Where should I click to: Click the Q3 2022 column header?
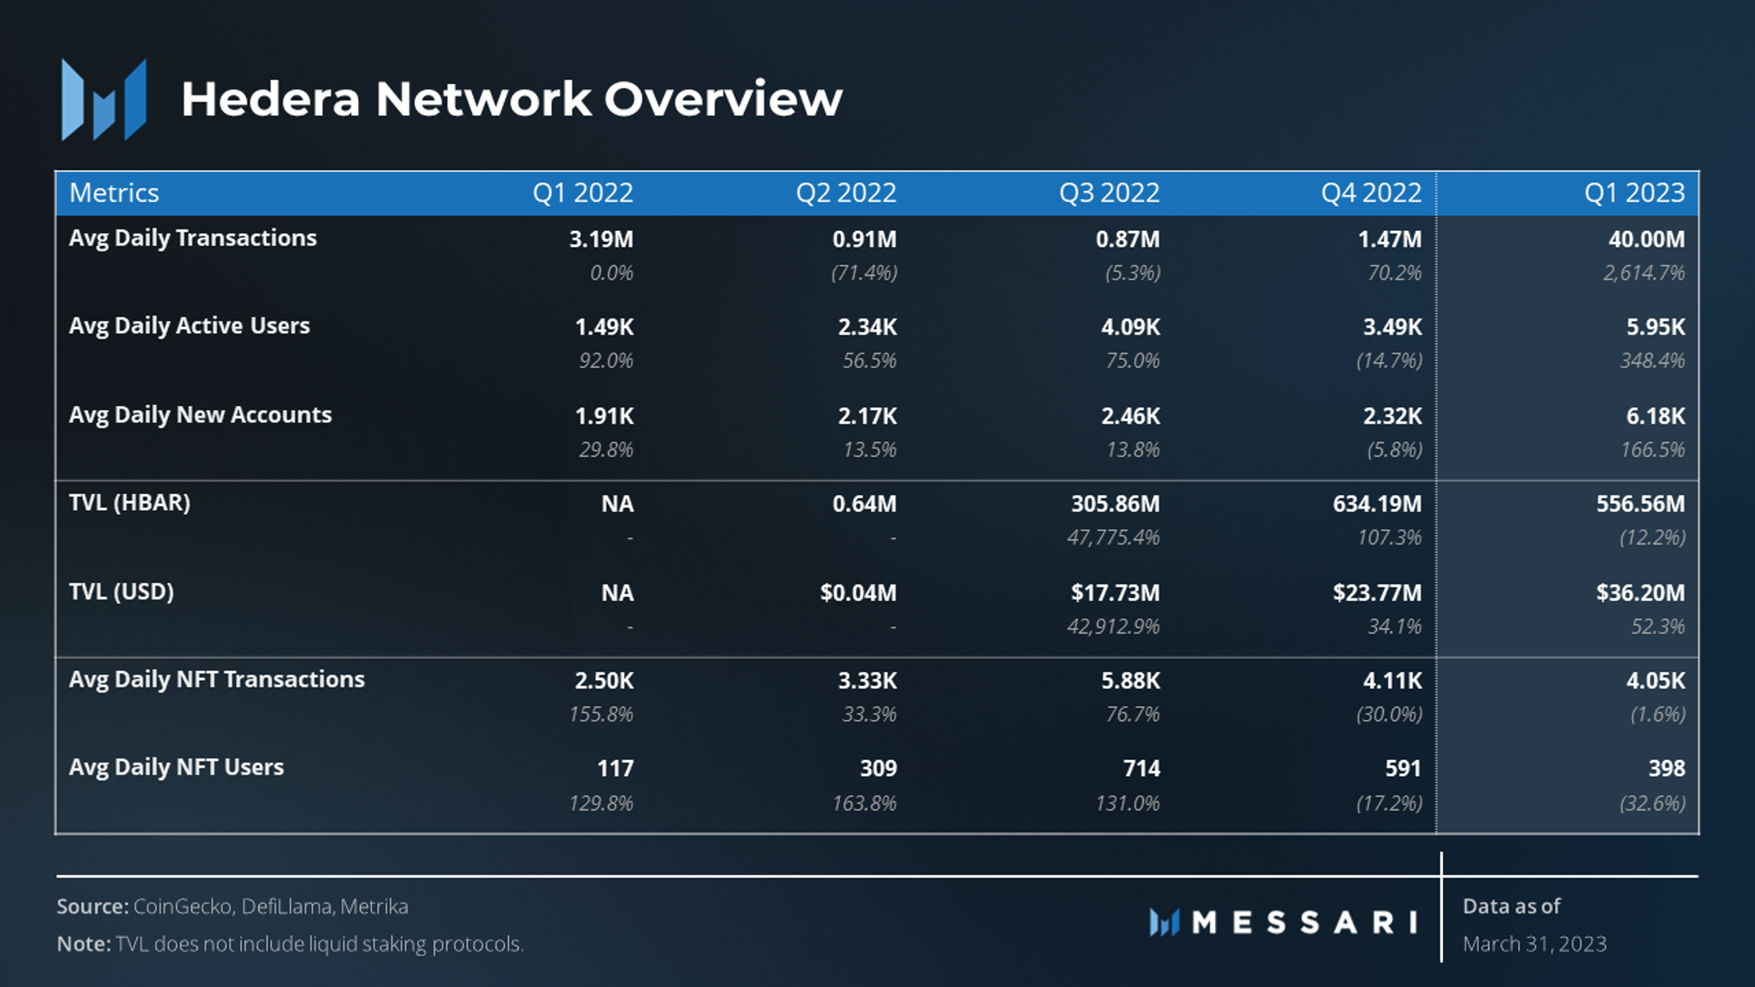tap(1109, 193)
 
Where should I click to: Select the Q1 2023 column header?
tap(1635, 193)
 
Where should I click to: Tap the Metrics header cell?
tap(114, 193)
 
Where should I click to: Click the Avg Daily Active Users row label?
tap(189, 326)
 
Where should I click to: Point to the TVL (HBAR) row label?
tap(129, 503)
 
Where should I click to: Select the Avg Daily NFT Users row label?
tap(176, 767)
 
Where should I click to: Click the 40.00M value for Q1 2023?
tap(1647, 239)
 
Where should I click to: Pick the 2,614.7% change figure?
tap(1644, 273)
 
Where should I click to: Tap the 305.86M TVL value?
tap(1116, 504)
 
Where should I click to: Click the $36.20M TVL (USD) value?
tap(1640, 592)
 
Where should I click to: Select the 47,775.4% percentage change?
tap(1113, 538)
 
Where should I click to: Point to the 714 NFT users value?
tap(1141, 768)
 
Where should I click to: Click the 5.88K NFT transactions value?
tap(1131, 681)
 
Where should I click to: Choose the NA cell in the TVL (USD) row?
tap(618, 593)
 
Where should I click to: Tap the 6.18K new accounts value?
tap(1656, 416)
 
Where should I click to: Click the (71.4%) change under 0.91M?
tap(864, 273)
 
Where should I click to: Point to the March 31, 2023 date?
tap(1535, 944)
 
